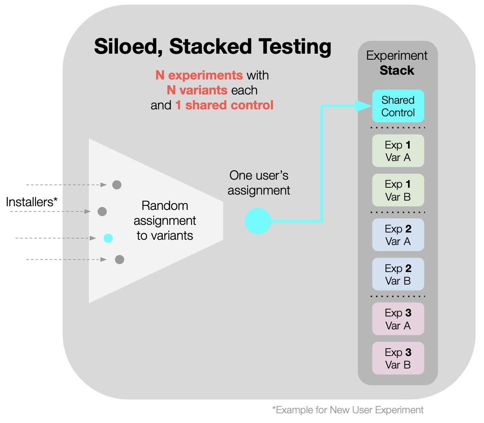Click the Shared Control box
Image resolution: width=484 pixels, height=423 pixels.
coord(398,106)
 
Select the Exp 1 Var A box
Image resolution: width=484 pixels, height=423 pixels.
coord(398,151)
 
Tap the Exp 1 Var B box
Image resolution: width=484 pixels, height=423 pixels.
coord(398,191)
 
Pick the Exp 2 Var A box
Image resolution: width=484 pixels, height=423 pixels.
coord(398,235)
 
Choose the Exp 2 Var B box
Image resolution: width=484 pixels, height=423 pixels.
coord(398,274)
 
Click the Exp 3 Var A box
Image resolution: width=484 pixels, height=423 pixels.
coord(398,319)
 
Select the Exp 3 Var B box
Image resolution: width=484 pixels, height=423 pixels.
coord(398,358)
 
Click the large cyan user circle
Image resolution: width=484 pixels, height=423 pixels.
coord(258,221)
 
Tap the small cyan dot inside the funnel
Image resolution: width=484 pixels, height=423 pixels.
coord(108,238)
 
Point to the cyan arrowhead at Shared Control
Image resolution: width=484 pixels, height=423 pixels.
coord(363,106)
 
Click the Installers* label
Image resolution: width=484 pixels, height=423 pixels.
coord(32,202)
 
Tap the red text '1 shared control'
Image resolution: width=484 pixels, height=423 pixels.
coord(224,105)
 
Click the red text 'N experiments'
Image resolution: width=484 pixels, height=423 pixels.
coord(199,75)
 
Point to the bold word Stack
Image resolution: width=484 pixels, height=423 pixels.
coord(397,71)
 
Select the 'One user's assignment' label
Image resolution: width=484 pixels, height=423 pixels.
coord(259,183)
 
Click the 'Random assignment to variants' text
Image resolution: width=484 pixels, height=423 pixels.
coord(165,221)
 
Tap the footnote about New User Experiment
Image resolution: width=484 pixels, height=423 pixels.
coord(348,410)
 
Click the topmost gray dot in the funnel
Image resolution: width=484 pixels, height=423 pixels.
coord(117,185)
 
